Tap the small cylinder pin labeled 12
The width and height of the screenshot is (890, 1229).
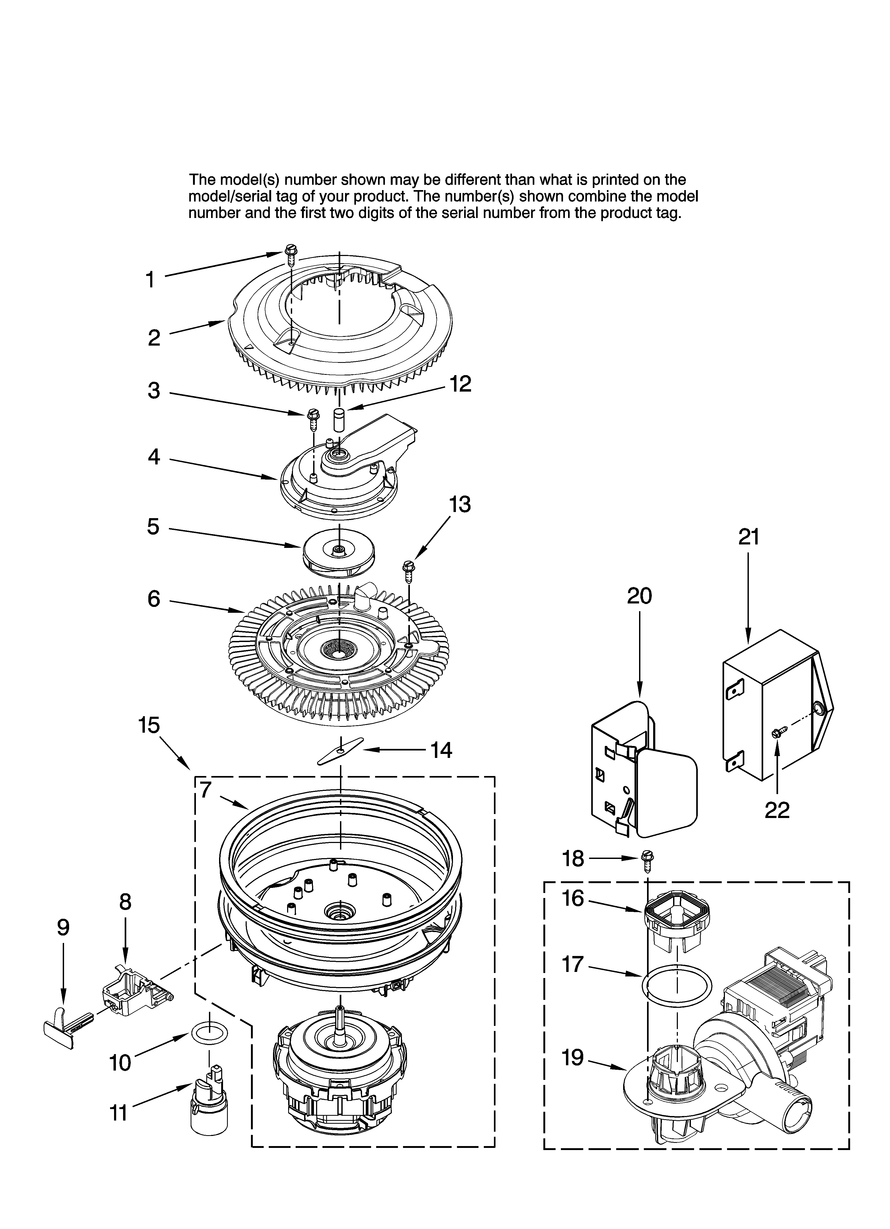click(x=339, y=420)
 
